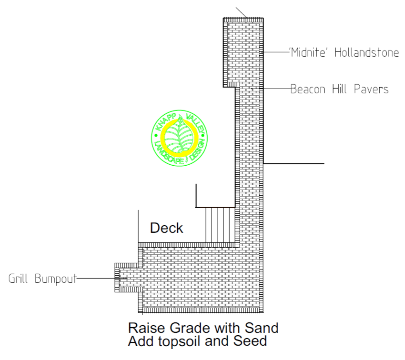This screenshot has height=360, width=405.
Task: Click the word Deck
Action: click(x=167, y=228)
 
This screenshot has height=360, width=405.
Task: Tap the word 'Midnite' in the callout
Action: click(x=308, y=52)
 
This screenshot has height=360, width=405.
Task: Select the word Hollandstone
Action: click(x=367, y=52)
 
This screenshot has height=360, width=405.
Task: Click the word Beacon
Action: click(x=308, y=90)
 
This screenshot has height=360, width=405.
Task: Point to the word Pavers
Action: click(x=371, y=90)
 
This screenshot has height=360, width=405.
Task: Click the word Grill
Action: click(x=18, y=279)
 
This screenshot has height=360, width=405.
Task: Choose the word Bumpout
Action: click(x=56, y=279)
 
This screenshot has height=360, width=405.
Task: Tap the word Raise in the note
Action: click(x=146, y=328)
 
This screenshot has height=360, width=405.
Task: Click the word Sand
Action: click(x=262, y=328)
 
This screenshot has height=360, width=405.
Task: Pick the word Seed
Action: click(x=250, y=341)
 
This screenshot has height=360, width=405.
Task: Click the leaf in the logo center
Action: click(x=179, y=136)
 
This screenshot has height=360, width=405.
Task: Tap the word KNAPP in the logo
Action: click(x=166, y=122)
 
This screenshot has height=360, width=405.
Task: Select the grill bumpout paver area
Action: click(x=129, y=278)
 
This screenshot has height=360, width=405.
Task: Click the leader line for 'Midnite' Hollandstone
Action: click(x=276, y=52)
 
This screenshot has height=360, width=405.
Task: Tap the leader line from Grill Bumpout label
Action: click(x=102, y=278)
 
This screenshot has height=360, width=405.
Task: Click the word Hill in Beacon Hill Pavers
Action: click(x=339, y=90)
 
